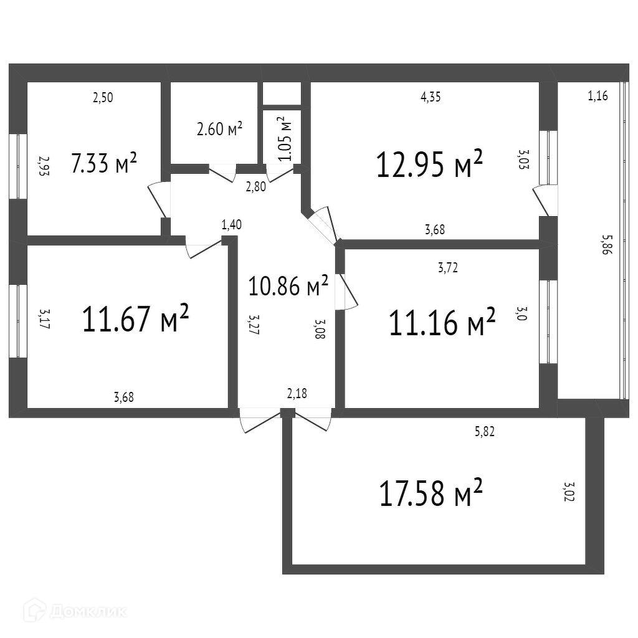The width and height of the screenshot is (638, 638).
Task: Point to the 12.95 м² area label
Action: [429, 164]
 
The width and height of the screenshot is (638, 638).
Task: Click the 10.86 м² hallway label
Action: [288, 286]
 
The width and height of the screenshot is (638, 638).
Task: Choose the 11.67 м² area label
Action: [135, 319]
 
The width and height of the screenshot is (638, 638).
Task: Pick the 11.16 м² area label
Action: [442, 322]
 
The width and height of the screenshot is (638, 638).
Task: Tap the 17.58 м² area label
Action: [431, 492]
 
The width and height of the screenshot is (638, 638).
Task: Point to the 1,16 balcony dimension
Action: [598, 96]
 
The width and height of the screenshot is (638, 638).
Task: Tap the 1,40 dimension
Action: [231, 225]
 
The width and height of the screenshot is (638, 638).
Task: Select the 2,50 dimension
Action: [103, 97]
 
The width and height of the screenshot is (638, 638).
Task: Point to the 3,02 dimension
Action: [568, 493]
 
